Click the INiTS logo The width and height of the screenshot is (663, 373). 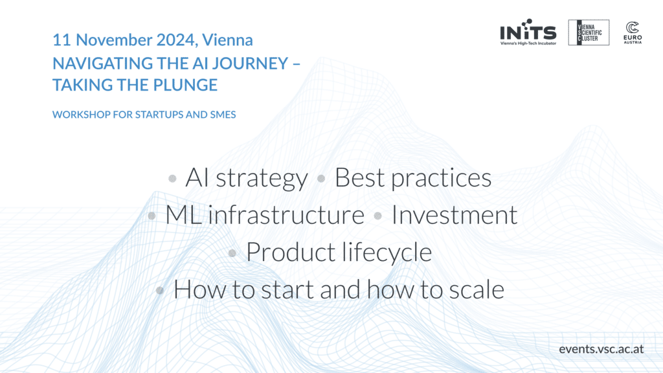528,32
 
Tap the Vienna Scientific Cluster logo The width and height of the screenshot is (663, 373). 589,32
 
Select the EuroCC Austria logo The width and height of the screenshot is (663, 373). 633,32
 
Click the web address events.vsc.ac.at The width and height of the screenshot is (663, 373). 601,349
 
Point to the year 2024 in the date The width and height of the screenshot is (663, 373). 175,40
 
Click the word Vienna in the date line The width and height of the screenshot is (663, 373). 227,40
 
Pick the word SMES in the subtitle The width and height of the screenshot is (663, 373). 223,115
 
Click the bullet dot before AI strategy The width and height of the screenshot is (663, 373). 172,178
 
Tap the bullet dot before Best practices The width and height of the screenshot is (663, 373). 321,179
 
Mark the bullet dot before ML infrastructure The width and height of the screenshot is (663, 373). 152,216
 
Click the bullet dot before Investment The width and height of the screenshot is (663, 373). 378,216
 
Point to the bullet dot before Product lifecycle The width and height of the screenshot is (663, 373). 232,253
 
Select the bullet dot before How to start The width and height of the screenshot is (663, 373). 160,290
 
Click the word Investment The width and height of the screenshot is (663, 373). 455,214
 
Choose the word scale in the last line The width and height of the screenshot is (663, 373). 477,289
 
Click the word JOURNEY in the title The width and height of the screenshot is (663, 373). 251,63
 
